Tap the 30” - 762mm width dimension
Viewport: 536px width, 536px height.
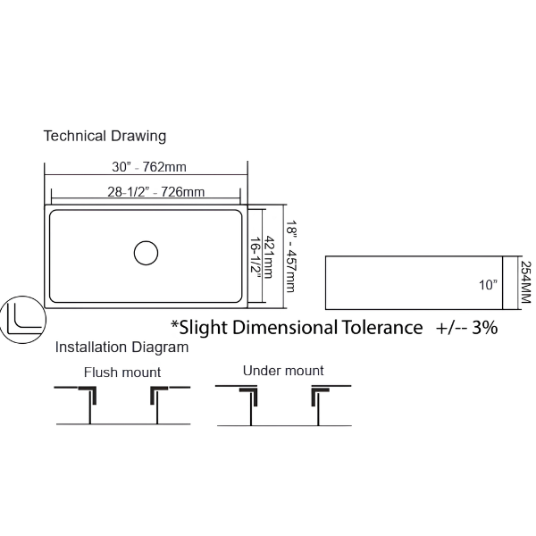[149, 167]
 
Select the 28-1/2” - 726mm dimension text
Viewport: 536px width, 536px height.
[155, 192]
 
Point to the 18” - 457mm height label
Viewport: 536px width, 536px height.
[290, 256]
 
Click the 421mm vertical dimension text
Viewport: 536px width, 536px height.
[269, 257]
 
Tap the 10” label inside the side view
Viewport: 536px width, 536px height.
[488, 285]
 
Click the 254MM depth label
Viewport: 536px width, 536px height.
[526, 282]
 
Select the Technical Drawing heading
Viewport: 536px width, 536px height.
[105, 136]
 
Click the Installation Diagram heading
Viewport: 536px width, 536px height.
[121, 348]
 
